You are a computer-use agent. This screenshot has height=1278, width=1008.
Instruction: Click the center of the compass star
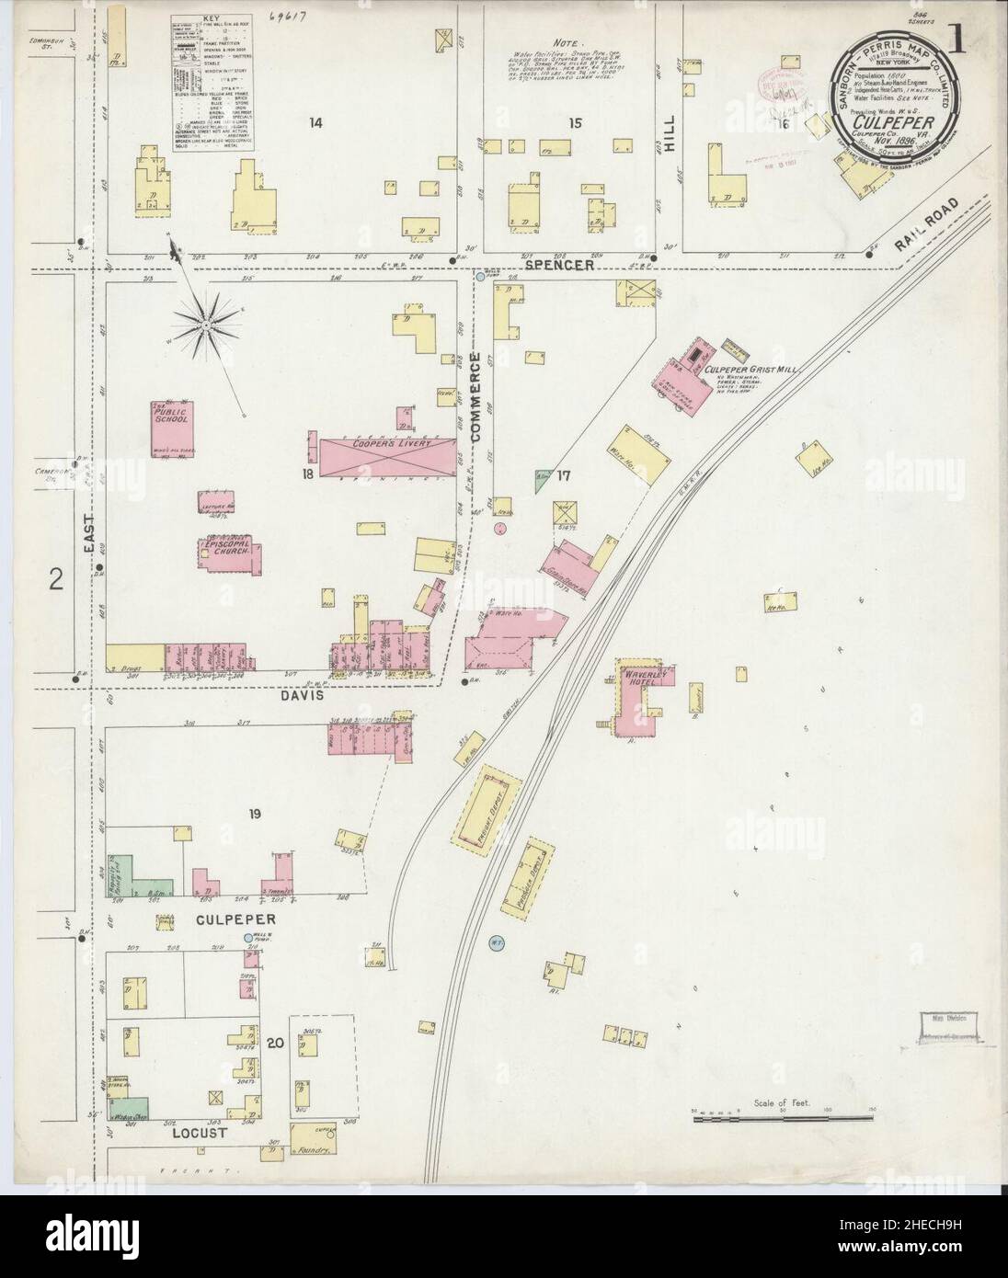tap(208, 326)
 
